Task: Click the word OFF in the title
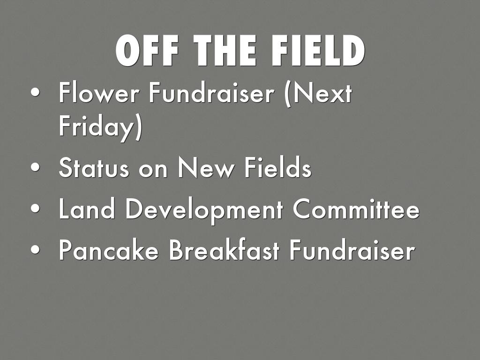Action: [147, 50]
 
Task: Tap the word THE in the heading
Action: [225, 50]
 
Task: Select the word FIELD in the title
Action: [318, 50]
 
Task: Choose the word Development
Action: [204, 210]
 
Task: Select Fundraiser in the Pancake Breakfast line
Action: [352, 250]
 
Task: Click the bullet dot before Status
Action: [35, 167]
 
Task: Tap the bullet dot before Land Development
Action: [35, 209]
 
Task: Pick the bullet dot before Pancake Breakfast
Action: [35, 249]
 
